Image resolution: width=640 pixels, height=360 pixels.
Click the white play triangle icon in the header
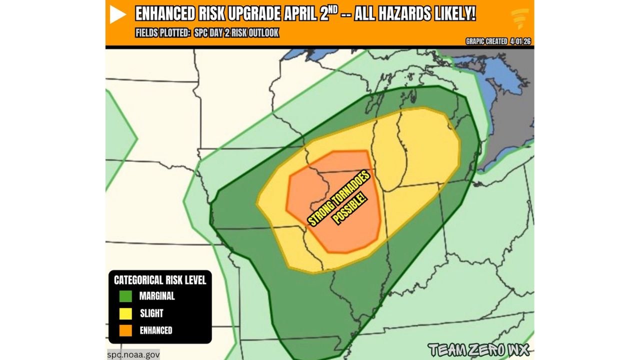(x=118, y=15)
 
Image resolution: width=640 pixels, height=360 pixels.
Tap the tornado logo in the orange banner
(x=519, y=19)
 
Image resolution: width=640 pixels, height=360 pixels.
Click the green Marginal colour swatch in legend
(x=125, y=296)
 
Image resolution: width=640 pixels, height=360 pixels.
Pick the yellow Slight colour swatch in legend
(x=125, y=313)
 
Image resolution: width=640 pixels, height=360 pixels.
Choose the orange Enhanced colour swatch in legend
(x=125, y=330)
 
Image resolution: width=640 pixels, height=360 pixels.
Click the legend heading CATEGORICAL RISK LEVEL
(x=160, y=280)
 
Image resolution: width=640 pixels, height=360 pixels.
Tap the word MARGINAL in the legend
(x=157, y=296)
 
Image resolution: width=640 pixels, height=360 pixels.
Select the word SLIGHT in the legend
(x=151, y=313)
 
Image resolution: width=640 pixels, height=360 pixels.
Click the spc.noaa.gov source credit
(x=133, y=354)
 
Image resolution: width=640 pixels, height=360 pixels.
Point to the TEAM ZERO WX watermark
(x=478, y=349)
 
